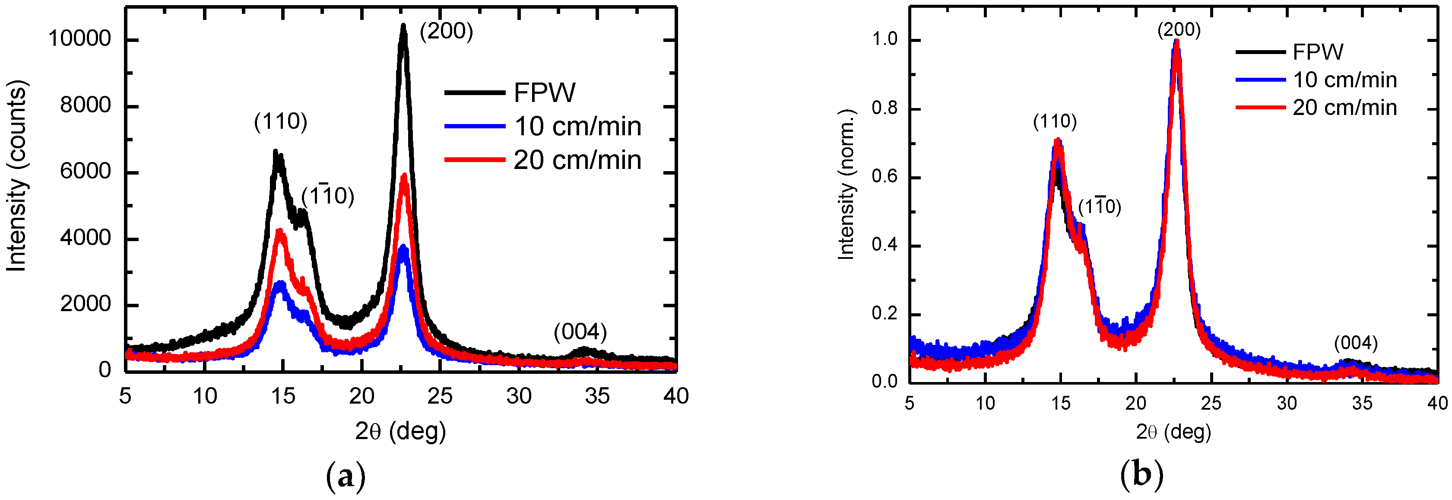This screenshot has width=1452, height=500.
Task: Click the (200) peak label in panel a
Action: pyautogui.click(x=446, y=31)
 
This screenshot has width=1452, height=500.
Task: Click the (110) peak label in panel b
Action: pyautogui.click(x=1055, y=121)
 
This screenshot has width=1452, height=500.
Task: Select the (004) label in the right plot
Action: pyautogui.click(x=1356, y=343)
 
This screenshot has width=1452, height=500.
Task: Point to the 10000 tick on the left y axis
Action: pyautogui.click(x=79, y=39)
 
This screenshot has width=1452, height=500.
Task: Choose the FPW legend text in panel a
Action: pyautogui.click(x=545, y=93)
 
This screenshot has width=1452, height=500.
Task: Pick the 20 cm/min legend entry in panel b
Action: pyautogui.click(x=1344, y=107)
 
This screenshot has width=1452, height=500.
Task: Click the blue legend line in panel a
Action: pyautogui.click(x=474, y=126)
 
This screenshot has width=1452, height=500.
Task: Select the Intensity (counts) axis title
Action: pyautogui.click(x=17, y=176)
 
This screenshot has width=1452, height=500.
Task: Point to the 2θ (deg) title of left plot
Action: pyautogui.click(x=400, y=431)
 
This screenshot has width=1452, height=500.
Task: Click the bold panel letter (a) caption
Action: pyautogui.click(x=346, y=476)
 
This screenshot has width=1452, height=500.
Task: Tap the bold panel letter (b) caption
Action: pyautogui.click(x=1141, y=475)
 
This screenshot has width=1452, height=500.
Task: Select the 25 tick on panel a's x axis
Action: pyautogui.click(x=440, y=396)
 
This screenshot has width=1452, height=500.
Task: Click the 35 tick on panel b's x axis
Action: pyautogui.click(x=1362, y=403)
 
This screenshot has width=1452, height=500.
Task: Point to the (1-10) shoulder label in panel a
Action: pyautogui.click(x=327, y=196)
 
